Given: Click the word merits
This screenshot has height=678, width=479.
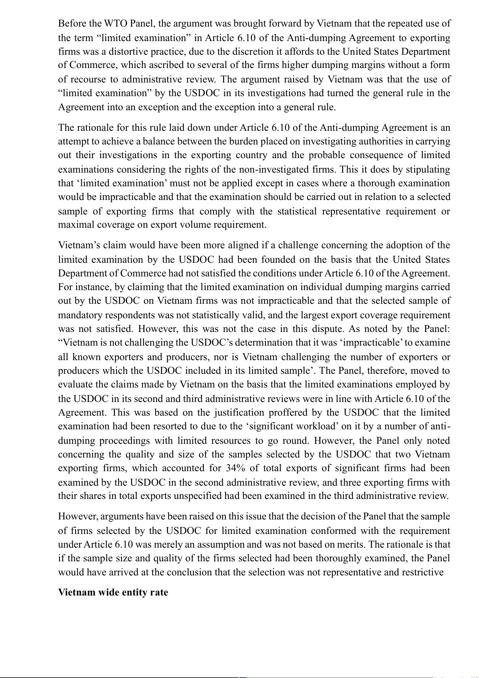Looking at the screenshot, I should (350, 545).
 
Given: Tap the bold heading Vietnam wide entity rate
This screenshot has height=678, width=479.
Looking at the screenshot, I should (113, 593).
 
